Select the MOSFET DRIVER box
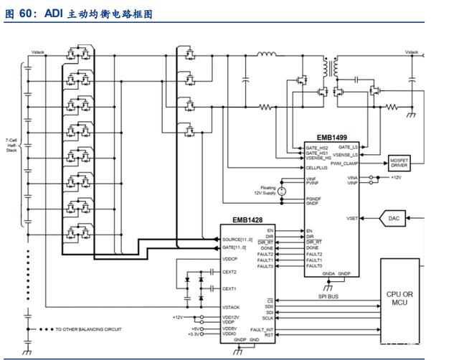click(x=399, y=163)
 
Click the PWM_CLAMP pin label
click(x=345, y=164)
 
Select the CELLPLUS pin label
click(x=318, y=168)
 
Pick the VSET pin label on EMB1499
click(x=352, y=218)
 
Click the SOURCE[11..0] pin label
click(x=237, y=239)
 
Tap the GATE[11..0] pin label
click(x=235, y=246)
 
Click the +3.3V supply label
click(x=194, y=334)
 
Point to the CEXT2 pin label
click(x=229, y=272)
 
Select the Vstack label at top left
click(x=39, y=52)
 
